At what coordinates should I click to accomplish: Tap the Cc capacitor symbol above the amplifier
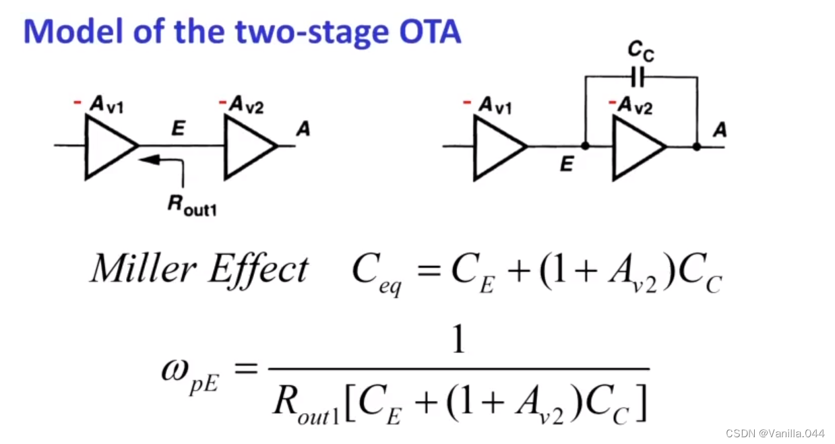pos(639,77)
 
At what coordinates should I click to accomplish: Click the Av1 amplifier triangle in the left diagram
pos(108,146)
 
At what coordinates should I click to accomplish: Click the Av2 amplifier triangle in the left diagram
pos(247,146)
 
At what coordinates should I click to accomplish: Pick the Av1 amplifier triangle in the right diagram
pos(497,146)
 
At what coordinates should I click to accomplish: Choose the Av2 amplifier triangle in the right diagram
pos(636,146)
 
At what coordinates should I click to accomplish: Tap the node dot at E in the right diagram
pos(584,146)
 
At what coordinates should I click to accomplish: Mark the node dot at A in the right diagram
pos(696,146)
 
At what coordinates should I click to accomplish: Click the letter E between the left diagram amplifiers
pos(177,129)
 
